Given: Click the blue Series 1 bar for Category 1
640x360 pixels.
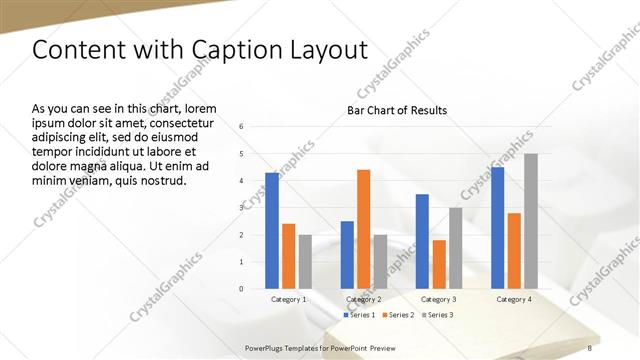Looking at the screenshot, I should [272, 231].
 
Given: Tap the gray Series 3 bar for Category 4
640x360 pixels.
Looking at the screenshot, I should [531, 221].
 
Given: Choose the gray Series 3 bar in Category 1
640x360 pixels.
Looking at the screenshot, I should [305, 262].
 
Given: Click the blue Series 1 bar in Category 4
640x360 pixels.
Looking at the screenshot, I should [498, 228].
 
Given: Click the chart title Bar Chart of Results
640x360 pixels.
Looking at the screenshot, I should [397, 110].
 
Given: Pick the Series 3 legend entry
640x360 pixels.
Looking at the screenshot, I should [438, 315].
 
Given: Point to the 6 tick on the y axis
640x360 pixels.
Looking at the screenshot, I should [242, 127].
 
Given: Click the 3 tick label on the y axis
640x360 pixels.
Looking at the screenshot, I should [242, 208].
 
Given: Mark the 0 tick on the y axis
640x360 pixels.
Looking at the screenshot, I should [242, 289].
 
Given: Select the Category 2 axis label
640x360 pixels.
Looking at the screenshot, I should [364, 299].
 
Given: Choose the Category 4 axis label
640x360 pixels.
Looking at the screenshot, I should [514, 299].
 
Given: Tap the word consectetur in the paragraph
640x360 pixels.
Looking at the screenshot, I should [179, 123].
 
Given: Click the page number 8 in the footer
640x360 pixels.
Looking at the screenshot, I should [590, 347].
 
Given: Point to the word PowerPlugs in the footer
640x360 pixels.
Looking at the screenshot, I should [266, 347].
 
